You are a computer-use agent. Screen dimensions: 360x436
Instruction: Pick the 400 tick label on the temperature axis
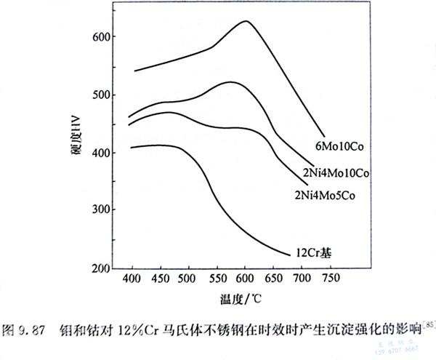click(x=132, y=280)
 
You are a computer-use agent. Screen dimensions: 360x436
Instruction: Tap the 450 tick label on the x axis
click(x=160, y=280)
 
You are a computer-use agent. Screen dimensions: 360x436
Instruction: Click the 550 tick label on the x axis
click(x=217, y=280)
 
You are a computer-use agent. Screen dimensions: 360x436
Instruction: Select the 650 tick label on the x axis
click(x=273, y=280)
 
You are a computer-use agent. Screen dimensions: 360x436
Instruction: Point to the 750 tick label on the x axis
click(x=330, y=280)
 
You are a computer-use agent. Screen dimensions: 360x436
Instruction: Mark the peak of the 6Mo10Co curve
click(x=246, y=21)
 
